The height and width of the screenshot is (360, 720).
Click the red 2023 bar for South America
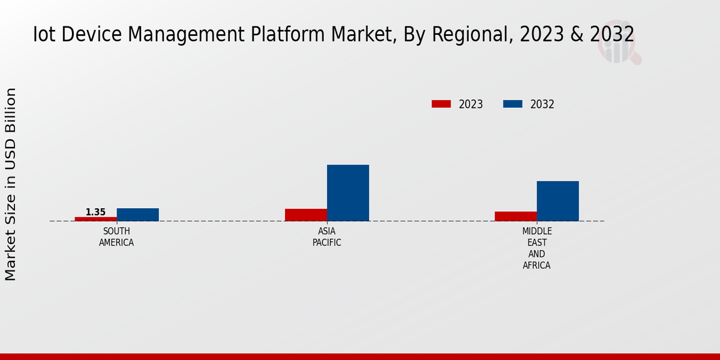click(95, 219)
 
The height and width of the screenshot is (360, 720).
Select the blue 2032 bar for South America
click(137, 215)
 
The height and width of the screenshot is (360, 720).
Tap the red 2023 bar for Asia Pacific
click(306, 215)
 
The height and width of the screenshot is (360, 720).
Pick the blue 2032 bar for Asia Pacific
click(348, 193)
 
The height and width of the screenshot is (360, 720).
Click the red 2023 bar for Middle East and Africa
click(515, 216)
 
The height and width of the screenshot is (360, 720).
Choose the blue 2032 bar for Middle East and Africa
click(557, 201)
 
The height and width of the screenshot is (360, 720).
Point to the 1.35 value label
click(95, 212)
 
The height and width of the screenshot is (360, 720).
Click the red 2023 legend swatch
click(441, 104)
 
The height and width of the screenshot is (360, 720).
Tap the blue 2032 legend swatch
click(512, 104)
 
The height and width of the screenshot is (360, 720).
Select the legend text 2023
click(471, 104)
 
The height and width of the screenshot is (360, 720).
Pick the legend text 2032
click(542, 104)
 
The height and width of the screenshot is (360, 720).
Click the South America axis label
click(116, 237)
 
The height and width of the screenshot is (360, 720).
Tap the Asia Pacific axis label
click(327, 237)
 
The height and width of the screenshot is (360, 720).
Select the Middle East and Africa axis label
click(536, 248)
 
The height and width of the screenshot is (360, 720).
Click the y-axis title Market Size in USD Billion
click(11, 184)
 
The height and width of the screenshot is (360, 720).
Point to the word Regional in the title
click(473, 35)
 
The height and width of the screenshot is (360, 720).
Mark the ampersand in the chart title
click(577, 35)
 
